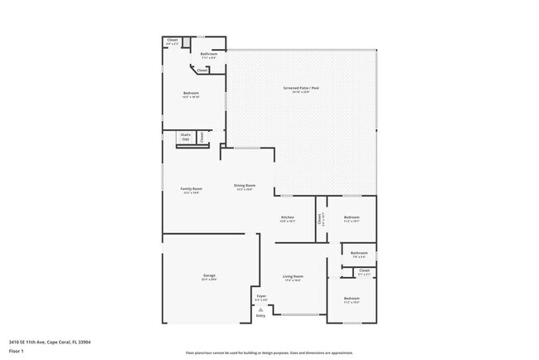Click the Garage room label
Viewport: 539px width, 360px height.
[x=209, y=276]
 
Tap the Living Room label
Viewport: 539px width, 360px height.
[x=293, y=276]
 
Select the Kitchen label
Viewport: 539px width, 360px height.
[x=287, y=218]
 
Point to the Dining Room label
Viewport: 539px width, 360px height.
[x=244, y=186]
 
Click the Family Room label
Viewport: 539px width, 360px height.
[x=192, y=189]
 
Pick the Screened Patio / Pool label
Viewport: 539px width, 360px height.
[x=301, y=88]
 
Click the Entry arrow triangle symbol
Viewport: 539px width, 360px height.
[x=260, y=309]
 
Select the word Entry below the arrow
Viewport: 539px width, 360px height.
[x=260, y=316]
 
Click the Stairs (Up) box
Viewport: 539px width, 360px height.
[x=186, y=137]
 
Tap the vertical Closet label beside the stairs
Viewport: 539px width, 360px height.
[x=201, y=136]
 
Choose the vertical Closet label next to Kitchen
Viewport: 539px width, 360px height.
[x=319, y=219]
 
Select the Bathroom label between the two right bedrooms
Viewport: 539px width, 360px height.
[x=359, y=253]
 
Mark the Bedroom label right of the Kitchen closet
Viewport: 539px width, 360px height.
[x=352, y=218]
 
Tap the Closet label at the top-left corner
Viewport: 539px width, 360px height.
[x=172, y=40]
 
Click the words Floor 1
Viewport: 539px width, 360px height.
[x=17, y=351]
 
